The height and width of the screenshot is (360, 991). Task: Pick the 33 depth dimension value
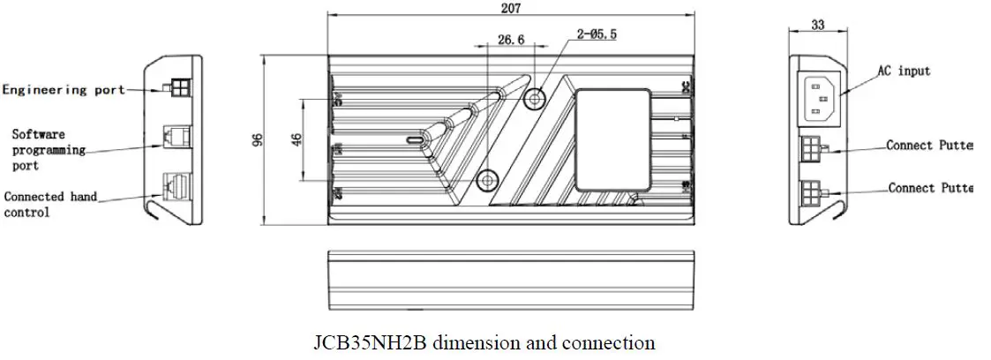click(x=816, y=26)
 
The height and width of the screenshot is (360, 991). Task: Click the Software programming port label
click(x=49, y=150)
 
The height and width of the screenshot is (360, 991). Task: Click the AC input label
click(x=903, y=71)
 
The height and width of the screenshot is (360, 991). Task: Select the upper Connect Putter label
click(x=929, y=146)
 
